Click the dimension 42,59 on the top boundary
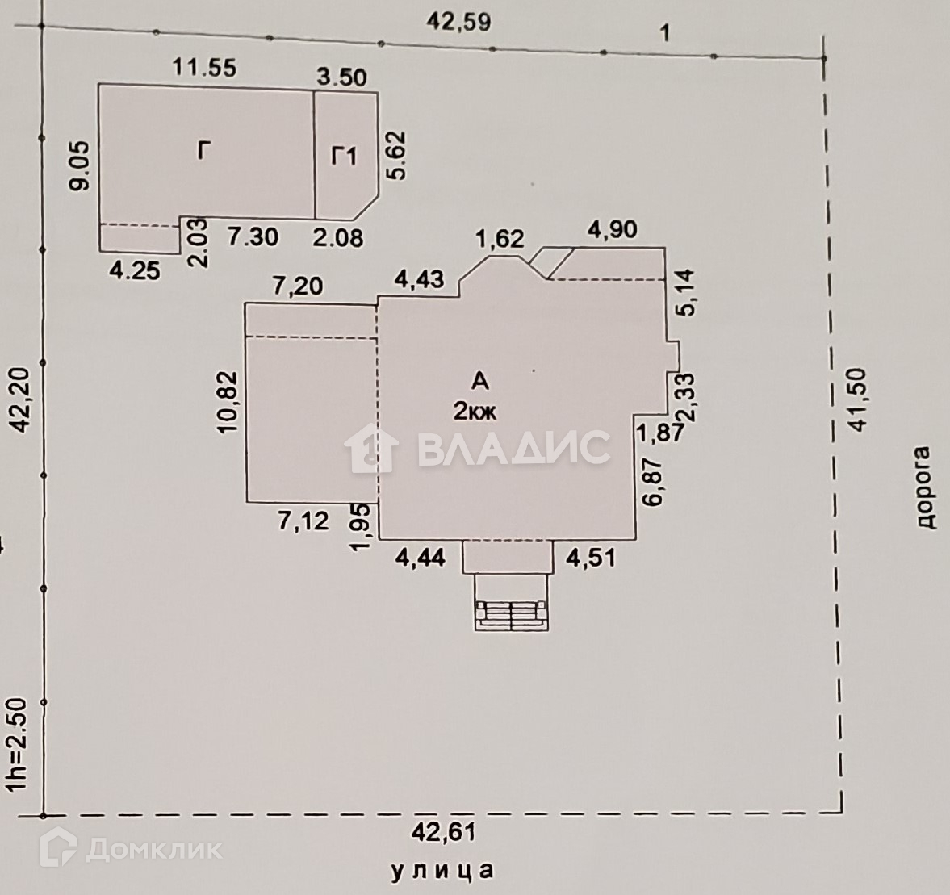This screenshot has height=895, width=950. tap(458, 22)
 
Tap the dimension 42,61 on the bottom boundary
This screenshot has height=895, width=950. tap(443, 830)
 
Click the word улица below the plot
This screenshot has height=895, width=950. tap(442, 871)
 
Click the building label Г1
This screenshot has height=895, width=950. tap(345, 156)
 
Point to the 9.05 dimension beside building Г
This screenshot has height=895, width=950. tap(78, 167)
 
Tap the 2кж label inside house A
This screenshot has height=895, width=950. tap(475, 411)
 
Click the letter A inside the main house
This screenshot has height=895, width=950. tap(479, 380)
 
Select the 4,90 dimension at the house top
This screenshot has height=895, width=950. tap(612, 229)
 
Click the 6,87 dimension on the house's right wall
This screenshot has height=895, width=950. tap(654, 482)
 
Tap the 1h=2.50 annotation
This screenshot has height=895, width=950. tap(18, 744)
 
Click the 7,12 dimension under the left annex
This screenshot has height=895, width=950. tap(303, 521)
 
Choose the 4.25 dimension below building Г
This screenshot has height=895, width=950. tap(134, 270)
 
